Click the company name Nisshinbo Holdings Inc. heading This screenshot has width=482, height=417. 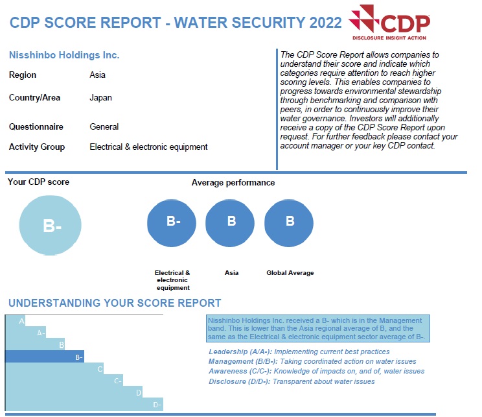(64, 55)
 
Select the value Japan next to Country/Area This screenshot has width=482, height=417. (100, 98)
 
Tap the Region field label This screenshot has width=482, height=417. (23, 75)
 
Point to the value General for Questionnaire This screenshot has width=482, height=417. (104, 126)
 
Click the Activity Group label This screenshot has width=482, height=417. (37, 147)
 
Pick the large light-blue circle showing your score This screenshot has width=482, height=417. (51, 225)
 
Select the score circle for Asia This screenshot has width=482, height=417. (231, 222)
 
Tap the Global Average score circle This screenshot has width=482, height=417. (290, 222)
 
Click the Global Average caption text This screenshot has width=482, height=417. (290, 273)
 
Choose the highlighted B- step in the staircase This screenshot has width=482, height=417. (44, 356)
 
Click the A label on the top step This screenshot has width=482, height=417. (21, 321)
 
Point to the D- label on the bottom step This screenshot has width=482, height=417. (157, 405)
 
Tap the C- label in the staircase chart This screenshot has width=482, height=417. (118, 381)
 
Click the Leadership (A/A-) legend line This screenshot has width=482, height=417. (299, 351)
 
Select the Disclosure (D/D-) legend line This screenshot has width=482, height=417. (292, 381)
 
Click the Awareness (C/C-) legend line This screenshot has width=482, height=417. (316, 371)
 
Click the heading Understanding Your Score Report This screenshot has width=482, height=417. (115, 303)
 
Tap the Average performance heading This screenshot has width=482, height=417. (233, 182)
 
